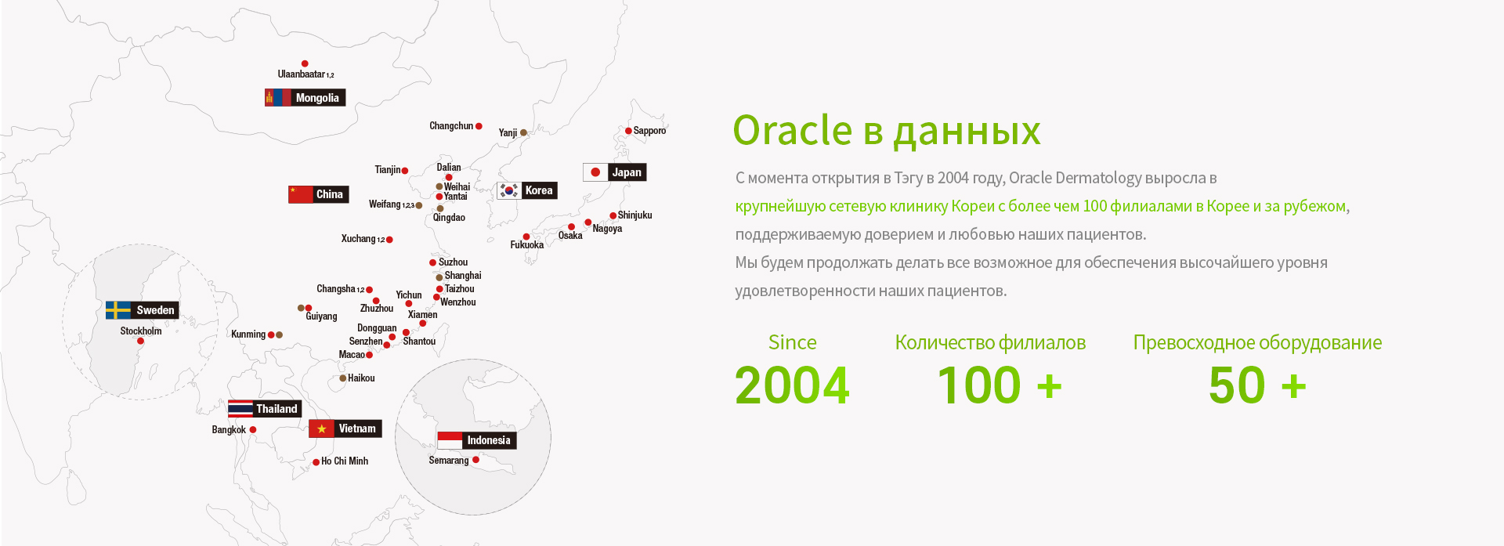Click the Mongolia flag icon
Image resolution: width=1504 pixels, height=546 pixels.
coord(277,98)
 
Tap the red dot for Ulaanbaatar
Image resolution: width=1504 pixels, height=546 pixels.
coord(305,63)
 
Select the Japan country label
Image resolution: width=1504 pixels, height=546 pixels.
coord(627,172)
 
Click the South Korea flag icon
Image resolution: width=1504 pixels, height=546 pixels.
coord(508,190)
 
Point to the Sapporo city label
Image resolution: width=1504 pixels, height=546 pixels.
coord(649,131)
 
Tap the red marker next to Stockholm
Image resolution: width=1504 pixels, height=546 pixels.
coord(140,341)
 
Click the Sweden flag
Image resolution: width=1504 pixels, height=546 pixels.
coord(118,310)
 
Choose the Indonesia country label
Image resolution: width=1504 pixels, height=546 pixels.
coord(489,440)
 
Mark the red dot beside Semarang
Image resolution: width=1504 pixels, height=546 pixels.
coord(475,460)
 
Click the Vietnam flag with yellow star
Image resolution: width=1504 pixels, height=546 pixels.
coord(321,428)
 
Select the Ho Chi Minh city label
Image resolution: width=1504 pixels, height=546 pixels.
coord(345,461)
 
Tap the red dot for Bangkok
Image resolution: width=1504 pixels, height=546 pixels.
coord(253,429)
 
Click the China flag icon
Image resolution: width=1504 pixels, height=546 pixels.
coord(300,194)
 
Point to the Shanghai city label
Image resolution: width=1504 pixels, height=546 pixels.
coord(463,276)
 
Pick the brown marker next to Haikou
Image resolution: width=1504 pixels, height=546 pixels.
coord(342,378)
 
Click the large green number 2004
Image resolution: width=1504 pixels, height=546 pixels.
coord(792,385)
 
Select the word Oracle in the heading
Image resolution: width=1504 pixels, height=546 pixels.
coord(793,130)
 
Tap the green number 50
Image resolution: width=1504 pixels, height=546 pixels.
coord(1237,385)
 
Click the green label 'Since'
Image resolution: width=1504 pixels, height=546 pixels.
coord(792,342)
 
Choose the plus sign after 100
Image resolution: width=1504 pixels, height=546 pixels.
coord(1049,386)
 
